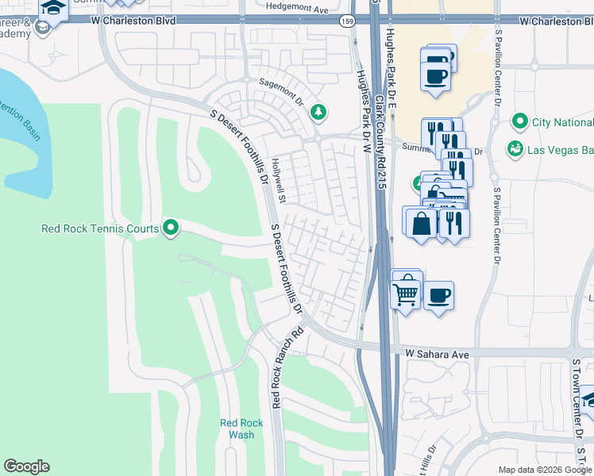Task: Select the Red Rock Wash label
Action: pos(237,428)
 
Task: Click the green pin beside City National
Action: pos(520,121)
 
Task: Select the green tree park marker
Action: pos(318,112)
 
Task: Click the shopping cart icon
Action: pos(406,294)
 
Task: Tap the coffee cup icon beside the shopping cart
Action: pos(438,296)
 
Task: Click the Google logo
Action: pos(26,466)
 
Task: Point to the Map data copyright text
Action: pos(544,470)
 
